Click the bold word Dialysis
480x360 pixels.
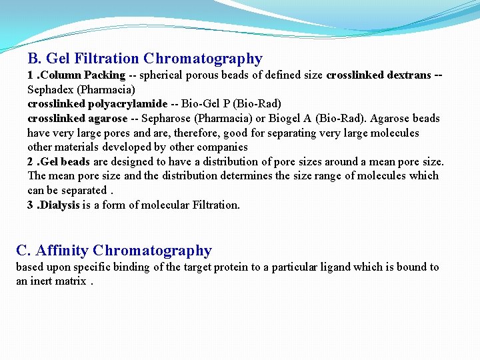[61, 205]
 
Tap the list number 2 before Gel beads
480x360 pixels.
[31, 162]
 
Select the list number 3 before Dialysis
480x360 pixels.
[31, 205]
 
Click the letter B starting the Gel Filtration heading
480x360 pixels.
[33, 59]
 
